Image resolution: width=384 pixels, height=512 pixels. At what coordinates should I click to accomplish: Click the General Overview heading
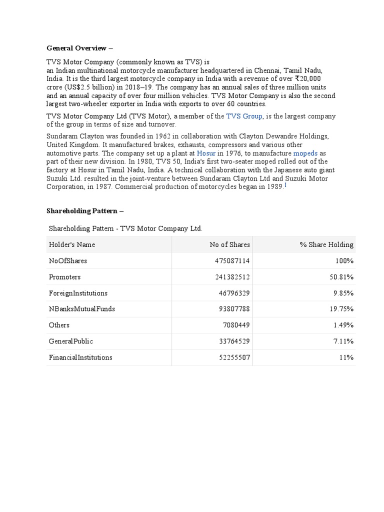(80, 48)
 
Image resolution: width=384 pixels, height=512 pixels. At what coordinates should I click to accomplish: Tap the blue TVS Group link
(244, 116)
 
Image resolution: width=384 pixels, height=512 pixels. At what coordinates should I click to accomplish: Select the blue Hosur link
(206, 153)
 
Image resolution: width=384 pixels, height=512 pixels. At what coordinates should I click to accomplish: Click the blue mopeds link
(305, 153)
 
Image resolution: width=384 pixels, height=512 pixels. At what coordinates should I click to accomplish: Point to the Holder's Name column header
(72, 244)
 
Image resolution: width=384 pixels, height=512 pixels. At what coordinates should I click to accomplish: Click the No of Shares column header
(229, 244)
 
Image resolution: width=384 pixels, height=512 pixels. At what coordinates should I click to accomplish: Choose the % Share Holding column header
(326, 244)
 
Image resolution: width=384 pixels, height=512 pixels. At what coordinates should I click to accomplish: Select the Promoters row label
(64, 277)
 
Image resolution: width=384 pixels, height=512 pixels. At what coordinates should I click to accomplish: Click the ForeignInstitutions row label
(78, 293)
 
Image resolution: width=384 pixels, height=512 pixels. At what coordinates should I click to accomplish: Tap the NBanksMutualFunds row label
(82, 309)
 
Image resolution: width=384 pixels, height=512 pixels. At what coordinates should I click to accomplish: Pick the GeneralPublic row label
(71, 341)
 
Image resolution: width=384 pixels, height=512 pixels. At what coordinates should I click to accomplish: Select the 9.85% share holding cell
(343, 293)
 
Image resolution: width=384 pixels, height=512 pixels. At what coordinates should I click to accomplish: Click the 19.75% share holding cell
(341, 309)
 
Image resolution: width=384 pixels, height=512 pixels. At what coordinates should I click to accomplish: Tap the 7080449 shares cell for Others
(236, 325)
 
